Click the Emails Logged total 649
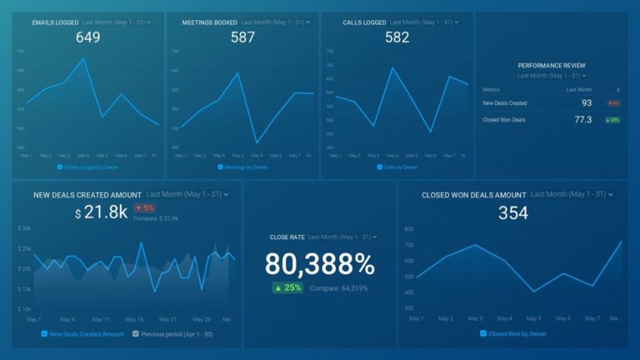(87, 37)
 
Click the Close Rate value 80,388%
(320, 264)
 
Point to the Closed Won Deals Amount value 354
(512, 213)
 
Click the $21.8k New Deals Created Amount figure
(101, 212)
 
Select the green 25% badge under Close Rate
(288, 287)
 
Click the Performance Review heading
(551, 65)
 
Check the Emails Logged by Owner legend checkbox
(59, 167)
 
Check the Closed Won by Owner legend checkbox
(482, 333)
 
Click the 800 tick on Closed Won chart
(408, 228)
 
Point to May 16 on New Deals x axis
(134, 319)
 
